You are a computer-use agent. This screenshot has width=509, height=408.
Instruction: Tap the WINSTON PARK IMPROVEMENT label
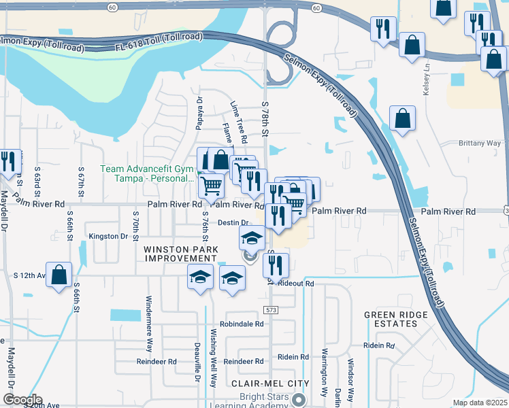180,254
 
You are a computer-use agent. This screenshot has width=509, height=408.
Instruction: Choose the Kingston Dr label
108,237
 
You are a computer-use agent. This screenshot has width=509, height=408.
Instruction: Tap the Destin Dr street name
231,222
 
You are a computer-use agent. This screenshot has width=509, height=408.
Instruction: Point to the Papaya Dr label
200,109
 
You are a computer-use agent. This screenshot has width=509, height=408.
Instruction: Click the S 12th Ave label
29,275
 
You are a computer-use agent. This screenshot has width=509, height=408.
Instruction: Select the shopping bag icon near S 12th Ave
59,275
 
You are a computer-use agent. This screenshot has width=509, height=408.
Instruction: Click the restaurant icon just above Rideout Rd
276,265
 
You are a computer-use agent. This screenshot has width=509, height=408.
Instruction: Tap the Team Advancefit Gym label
147,173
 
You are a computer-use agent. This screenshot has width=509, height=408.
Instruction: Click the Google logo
22,400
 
